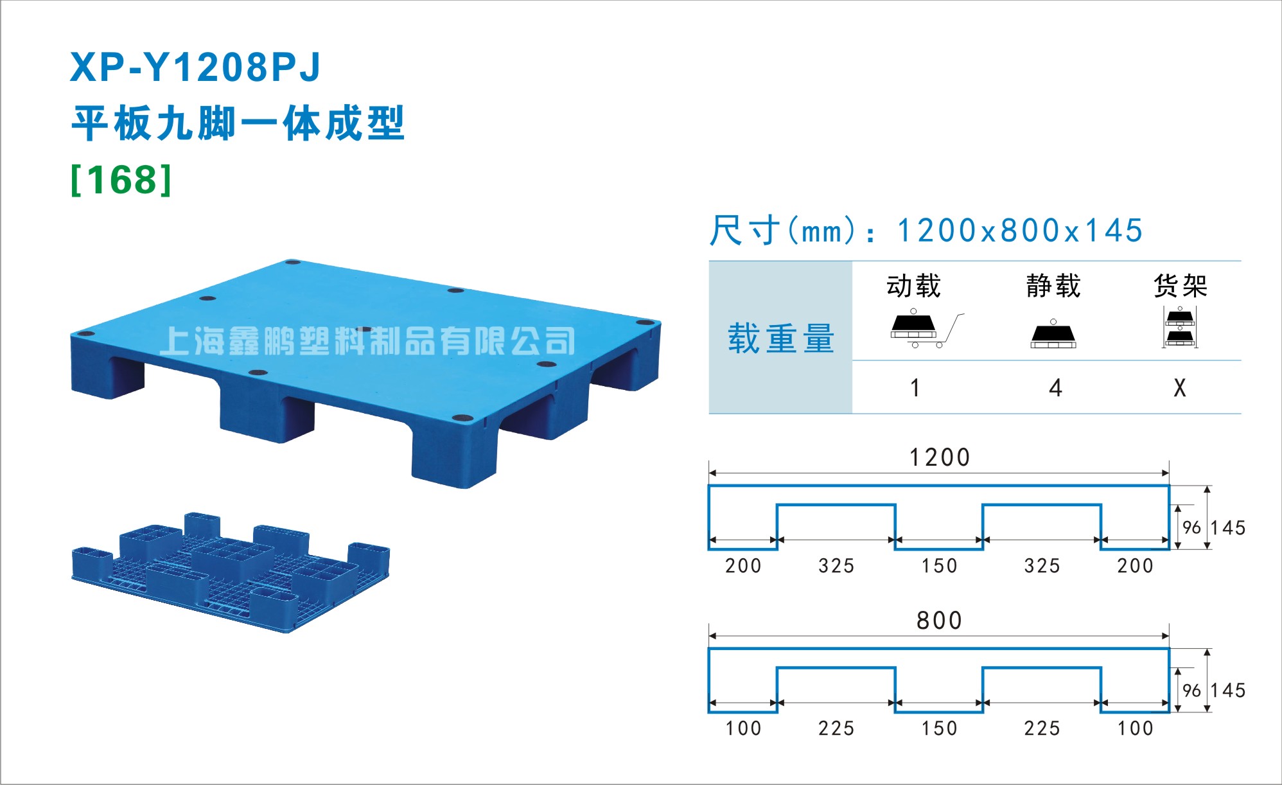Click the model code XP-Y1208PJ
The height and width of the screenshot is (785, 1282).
[195, 67]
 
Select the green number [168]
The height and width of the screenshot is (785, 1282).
[121, 180]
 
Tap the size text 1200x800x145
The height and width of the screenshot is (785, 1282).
[1019, 230]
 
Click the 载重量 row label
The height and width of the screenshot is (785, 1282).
[780, 339]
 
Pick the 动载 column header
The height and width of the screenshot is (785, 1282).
[913, 286]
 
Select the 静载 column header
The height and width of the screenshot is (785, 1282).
[1053, 286]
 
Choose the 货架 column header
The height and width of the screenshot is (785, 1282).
[1181, 286]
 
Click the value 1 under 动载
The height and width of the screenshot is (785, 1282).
[915, 388]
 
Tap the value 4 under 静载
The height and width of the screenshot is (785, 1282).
[1055, 388]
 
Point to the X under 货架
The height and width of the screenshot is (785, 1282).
[1180, 388]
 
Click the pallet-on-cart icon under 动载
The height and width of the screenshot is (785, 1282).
[926, 329]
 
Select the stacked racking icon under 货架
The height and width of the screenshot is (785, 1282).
[1180, 327]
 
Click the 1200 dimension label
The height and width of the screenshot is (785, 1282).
[939, 457]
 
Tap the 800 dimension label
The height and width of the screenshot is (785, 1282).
[939, 621]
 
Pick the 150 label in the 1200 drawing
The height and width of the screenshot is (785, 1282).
[939, 566]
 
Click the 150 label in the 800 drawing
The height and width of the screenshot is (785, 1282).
[939, 728]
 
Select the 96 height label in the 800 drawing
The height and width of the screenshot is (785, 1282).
[1191, 691]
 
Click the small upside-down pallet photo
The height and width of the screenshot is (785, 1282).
[231, 572]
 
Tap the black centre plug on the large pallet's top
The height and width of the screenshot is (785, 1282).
[364, 329]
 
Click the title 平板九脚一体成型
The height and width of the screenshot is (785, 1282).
[238, 123]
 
